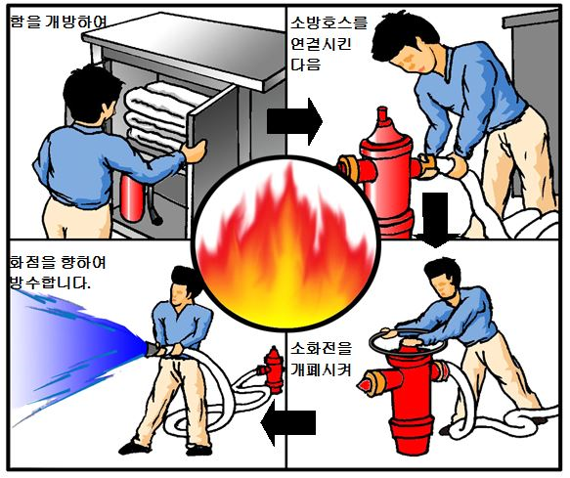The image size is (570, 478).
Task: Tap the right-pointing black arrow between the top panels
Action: coord(294,121)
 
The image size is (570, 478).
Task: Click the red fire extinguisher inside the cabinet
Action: coord(132,198)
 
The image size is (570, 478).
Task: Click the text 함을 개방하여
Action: coord(58,22)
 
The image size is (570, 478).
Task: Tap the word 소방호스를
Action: coord(329,22)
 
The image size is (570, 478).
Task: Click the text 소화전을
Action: coord(322,349)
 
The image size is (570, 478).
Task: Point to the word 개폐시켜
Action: coord(322,369)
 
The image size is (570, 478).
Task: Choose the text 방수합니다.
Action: coord(50,282)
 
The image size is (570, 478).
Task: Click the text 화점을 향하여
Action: coord(58,261)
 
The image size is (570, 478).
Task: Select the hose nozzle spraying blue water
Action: coord(154,349)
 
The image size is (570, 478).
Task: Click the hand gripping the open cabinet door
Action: coord(195,149)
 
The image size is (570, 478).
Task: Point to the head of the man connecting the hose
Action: coord(406,44)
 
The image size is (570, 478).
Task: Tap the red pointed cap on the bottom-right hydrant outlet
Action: coord(365,383)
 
